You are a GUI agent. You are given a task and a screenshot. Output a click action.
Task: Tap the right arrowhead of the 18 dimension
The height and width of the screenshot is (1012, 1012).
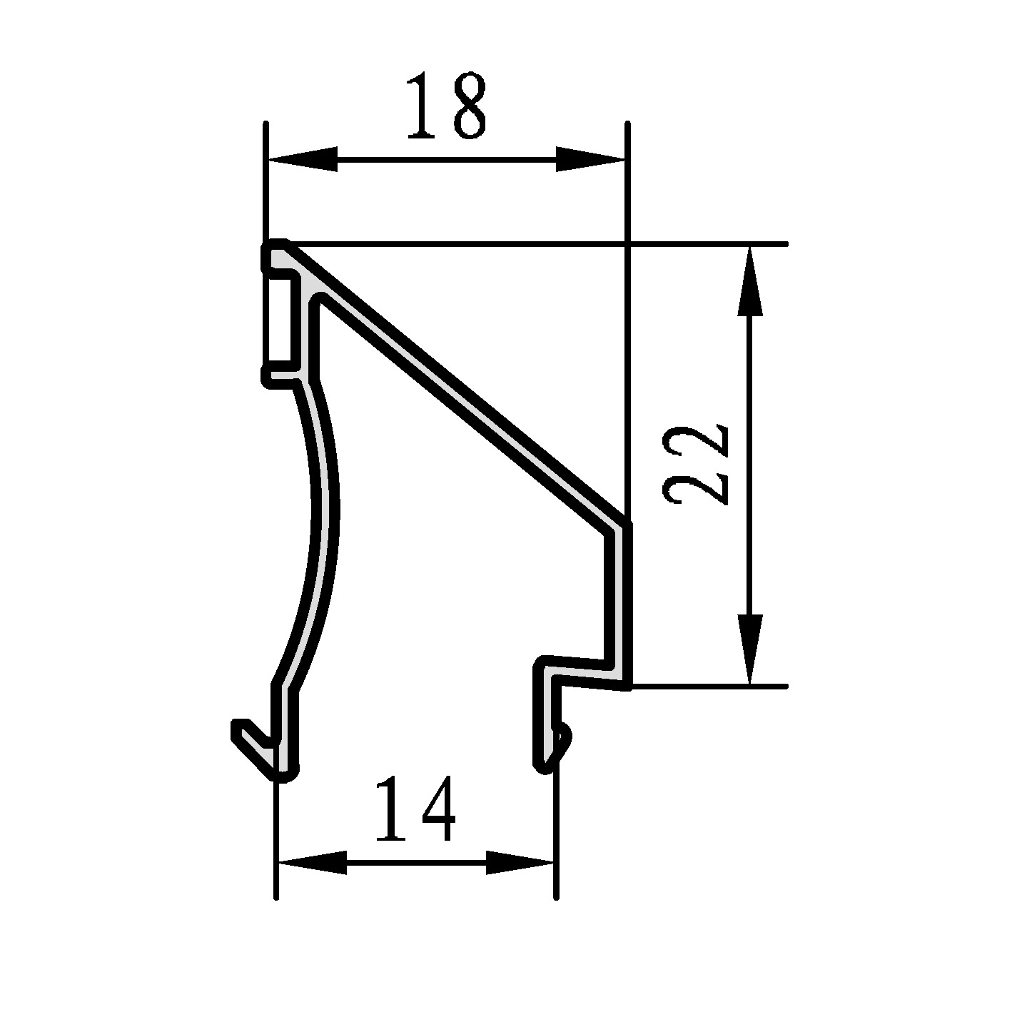click(590, 159)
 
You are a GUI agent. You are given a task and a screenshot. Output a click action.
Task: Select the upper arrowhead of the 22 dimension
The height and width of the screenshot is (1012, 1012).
click(750, 281)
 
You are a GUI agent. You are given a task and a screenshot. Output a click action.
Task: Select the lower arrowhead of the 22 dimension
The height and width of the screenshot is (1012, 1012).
click(750, 649)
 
